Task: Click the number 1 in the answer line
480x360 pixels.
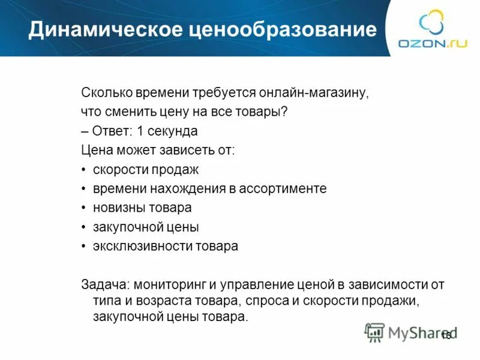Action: click(140, 131)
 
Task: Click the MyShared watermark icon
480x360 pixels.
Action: click(374, 332)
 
